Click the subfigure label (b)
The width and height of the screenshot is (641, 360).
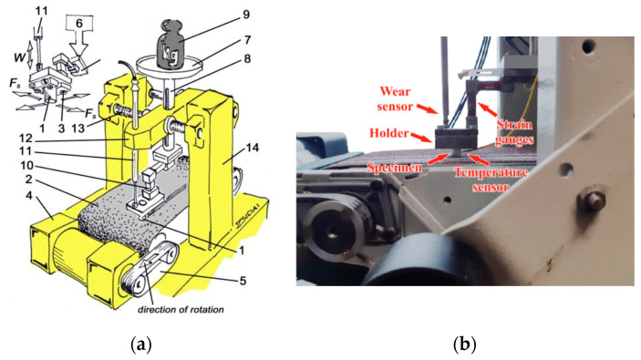(466, 344)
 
